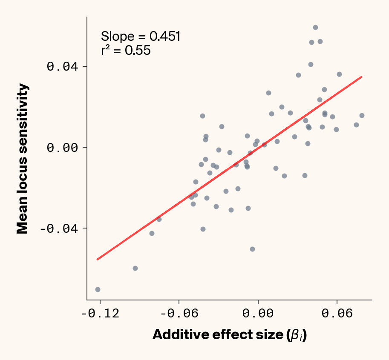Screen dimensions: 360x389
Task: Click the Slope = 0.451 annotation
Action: (x=141, y=37)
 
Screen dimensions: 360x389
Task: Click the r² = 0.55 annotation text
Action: (x=126, y=51)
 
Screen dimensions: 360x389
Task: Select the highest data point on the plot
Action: (x=315, y=27)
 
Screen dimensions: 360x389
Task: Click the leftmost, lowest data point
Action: (x=98, y=289)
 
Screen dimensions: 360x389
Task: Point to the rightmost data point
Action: (x=362, y=115)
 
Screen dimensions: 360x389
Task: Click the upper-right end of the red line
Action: (x=361, y=77)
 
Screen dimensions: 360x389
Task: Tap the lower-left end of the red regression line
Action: (x=98, y=259)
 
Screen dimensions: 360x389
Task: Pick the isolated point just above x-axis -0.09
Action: (x=135, y=268)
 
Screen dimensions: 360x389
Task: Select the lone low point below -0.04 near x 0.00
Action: (x=252, y=249)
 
